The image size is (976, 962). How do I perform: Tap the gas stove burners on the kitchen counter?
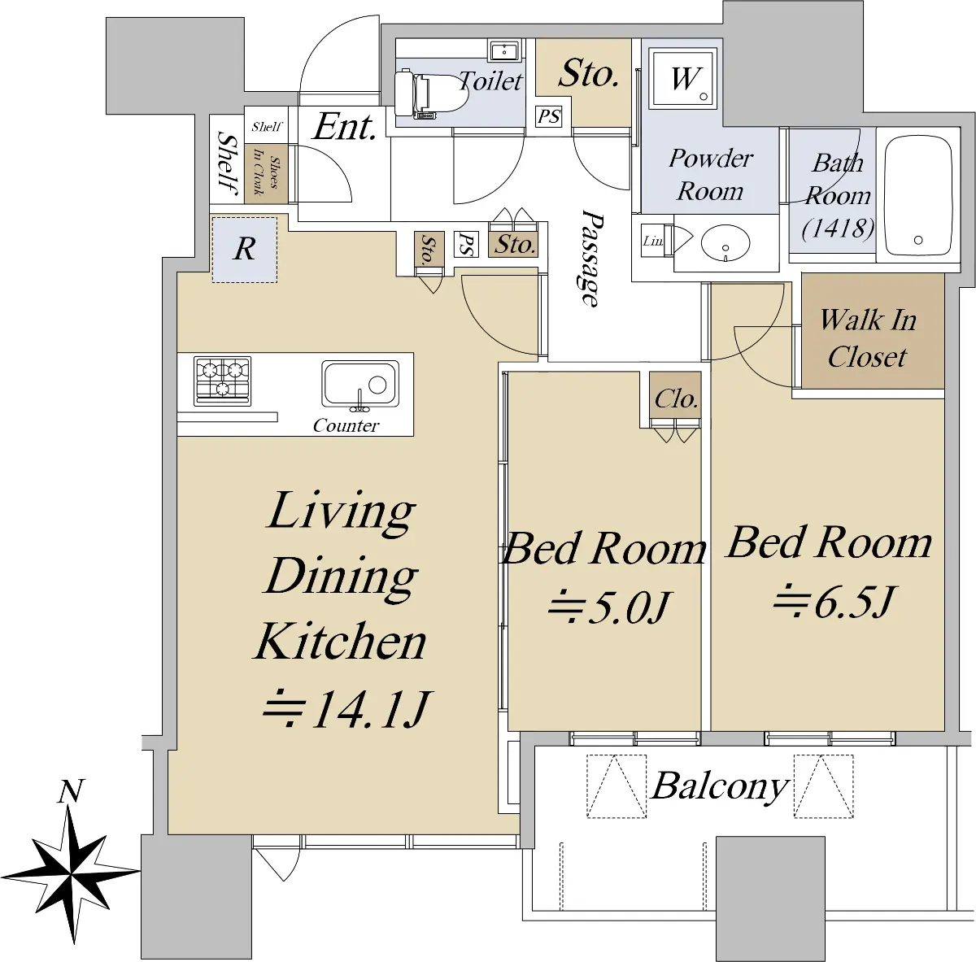[x=222, y=381]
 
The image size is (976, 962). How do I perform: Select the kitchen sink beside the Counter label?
[x=360, y=384]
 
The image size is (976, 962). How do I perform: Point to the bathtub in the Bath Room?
[x=917, y=195]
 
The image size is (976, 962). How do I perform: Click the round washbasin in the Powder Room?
[x=725, y=242]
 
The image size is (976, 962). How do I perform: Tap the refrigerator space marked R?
[x=245, y=250]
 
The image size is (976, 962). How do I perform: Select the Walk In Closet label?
[x=868, y=338]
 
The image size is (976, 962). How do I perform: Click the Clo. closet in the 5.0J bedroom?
[x=676, y=400]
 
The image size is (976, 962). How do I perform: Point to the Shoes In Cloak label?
[x=267, y=175]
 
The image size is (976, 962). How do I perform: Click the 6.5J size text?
[x=832, y=602]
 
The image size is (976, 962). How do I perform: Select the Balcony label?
[x=721, y=786]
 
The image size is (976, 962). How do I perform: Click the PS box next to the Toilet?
[x=548, y=117]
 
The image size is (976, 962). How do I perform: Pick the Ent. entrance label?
[x=345, y=127]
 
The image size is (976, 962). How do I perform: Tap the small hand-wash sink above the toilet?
[x=503, y=51]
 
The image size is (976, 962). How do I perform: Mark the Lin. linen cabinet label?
[x=653, y=242]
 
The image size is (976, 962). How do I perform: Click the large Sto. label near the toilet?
[x=589, y=74]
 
